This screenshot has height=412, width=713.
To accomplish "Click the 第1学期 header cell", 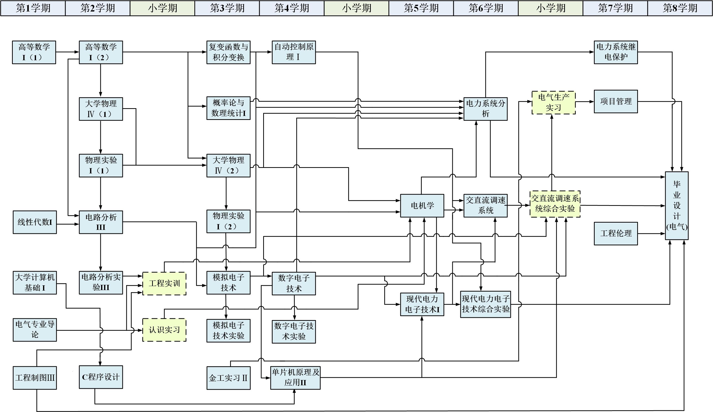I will [33, 8].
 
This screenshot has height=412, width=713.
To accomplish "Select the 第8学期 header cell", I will [680, 8].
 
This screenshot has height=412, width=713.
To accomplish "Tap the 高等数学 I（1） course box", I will [34, 52].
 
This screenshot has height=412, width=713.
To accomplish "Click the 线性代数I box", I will [35, 222].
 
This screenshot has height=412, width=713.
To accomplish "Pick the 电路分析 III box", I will [101, 222].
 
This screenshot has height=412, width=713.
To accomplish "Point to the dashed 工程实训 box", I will [164, 283].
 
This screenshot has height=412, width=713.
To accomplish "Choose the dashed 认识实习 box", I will [164, 330].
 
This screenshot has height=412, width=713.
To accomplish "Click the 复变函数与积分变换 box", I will [228, 52].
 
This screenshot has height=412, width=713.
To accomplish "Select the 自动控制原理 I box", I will [294, 52].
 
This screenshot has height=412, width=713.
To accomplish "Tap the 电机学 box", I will [422, 205].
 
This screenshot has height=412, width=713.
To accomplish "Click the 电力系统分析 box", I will [485, 109].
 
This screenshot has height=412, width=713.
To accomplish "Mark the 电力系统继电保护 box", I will [616, 52].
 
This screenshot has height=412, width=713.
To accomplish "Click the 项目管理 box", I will [616, 101].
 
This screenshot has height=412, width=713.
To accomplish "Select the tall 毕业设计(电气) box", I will [676, 205].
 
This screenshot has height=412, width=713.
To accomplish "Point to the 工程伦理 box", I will [616, 233].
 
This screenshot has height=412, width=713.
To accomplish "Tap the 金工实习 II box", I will [228, 378].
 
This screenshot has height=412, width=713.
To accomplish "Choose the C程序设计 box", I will [101, 377].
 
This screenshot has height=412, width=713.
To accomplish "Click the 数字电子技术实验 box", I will [294, 332].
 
